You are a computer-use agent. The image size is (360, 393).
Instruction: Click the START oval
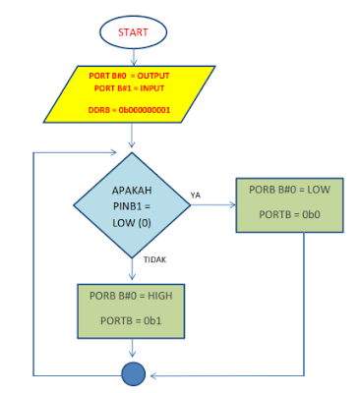(134, 32)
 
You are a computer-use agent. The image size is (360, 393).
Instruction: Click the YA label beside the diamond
(197, 195)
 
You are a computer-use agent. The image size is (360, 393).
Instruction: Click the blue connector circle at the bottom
(133, 374)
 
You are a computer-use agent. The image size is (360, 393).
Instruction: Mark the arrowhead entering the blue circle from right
(151, 374)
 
